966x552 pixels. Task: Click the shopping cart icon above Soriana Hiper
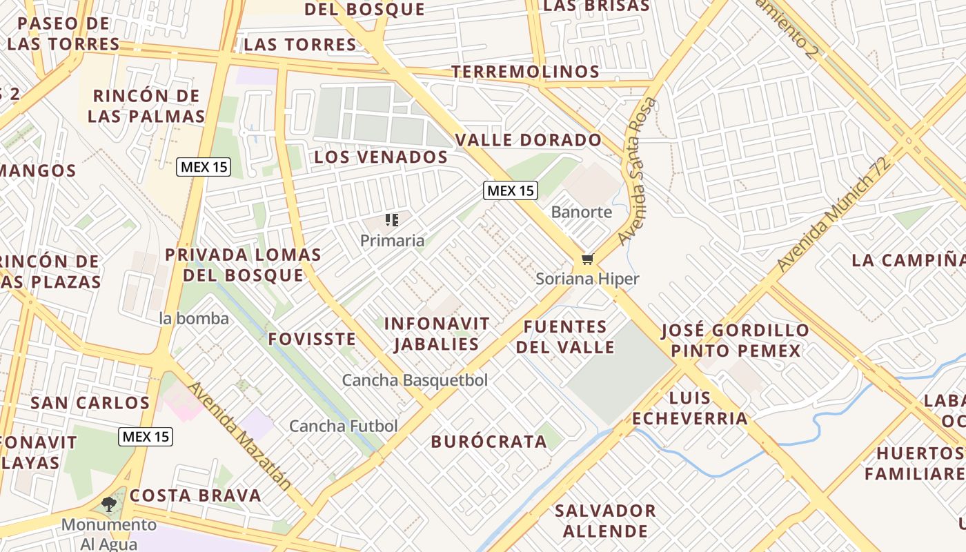587,259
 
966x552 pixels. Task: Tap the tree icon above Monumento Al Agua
109,504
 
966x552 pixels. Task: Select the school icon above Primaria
392,221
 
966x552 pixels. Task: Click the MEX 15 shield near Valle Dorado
510,190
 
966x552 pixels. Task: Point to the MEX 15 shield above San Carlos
145,436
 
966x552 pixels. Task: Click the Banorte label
582,212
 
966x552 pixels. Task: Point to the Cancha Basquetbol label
415,380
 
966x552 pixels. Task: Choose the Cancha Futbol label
343,426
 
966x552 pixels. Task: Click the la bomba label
194,318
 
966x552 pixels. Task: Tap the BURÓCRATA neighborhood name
489,442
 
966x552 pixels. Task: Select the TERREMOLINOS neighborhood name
525,72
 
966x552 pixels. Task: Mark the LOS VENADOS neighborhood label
381,157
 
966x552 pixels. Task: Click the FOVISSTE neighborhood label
312,339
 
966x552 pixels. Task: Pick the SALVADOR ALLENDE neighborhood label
605,521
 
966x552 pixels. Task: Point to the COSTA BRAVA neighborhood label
196,495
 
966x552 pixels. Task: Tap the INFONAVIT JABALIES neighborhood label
436,333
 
